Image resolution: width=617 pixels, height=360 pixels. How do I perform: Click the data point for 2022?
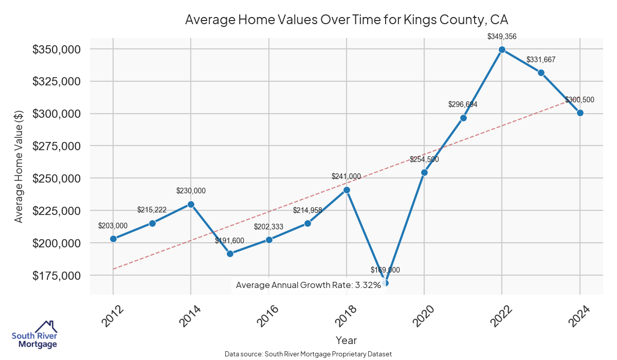pos(502,50)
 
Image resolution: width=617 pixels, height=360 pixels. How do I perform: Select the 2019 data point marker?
pos(385,283)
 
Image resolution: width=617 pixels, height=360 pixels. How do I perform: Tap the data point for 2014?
pos(191,204)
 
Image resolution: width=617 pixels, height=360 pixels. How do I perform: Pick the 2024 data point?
pos(580,113)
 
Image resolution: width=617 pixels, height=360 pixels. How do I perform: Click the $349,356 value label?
pos(502,37)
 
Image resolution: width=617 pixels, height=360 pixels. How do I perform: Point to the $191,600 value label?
pos(230,241)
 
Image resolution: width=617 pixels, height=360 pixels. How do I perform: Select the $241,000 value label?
pos(347,176)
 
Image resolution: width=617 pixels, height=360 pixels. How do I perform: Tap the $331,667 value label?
pos(541,60)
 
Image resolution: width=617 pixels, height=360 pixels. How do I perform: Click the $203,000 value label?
pos(113,226)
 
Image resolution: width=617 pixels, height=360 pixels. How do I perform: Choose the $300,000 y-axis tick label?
pos(56,114)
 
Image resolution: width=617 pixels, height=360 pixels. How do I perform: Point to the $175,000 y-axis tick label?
pos(56,275)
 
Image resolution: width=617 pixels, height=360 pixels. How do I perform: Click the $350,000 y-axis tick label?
pos(56,49)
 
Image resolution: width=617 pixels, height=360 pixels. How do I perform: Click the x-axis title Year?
pos(346,340)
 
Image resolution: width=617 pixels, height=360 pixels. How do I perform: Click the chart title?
pos(346,20)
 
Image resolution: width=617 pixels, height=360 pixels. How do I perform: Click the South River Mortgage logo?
pos(34,335)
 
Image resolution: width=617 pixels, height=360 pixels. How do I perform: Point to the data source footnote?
pos(308,354)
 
